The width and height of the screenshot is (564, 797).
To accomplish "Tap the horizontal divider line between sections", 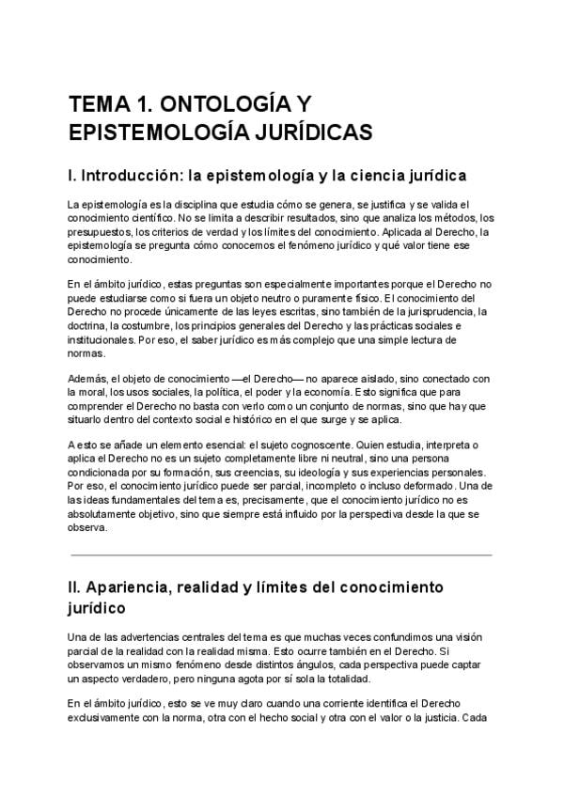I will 280,555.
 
